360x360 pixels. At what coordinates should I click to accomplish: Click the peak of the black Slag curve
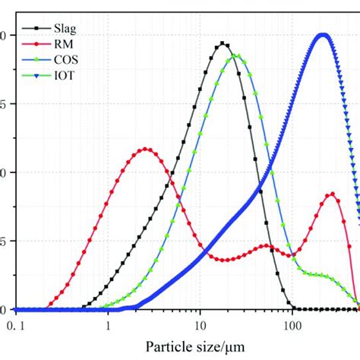tap(223, 43)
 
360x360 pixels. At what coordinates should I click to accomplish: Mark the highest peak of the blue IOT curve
tap(323, 35)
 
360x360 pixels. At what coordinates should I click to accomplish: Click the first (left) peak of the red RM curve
tap(146, 149)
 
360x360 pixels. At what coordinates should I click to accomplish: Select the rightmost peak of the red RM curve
tap(332, 194)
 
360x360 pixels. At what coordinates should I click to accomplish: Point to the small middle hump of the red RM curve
tap(265, 245)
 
